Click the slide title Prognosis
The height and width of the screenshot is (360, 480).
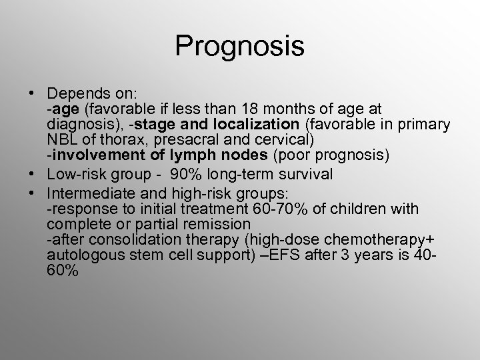coord(239,47)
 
